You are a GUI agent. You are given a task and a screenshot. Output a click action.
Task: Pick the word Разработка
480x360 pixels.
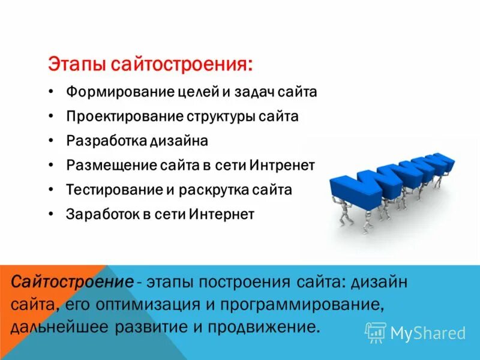[x=101, y=141]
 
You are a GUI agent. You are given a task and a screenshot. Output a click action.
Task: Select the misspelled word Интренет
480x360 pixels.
[x=281, y=165]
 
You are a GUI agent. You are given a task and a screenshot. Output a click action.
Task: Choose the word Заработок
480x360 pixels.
[x=98, y=214]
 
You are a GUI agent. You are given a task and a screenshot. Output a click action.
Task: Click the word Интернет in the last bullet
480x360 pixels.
[x=222, y=214]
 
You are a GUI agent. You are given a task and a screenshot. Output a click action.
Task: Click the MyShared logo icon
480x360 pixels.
[x=376, y=332]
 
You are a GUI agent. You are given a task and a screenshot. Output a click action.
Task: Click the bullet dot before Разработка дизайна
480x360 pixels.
[x=52, y=141]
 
